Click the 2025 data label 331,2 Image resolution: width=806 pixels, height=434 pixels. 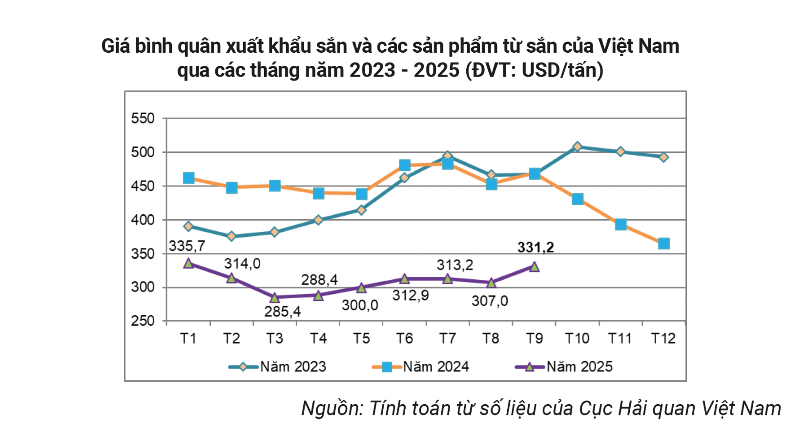(x=536, y=248)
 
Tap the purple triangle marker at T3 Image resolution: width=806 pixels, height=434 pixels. (x=274, y=297)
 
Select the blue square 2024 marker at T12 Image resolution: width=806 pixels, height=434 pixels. (x=663, y=244)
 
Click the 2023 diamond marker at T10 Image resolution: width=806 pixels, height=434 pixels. (x=577, y=146)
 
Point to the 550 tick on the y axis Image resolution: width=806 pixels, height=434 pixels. (x=143, y=119)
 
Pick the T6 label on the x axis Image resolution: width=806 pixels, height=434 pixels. (x=404, y=338)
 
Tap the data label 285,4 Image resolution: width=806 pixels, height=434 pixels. (x=283, y=311)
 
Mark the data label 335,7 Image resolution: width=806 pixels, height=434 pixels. (x=187, y=246)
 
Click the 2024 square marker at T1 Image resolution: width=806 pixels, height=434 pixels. (x=188, y=178)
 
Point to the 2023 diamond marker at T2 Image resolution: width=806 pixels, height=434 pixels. (x=231, y=236)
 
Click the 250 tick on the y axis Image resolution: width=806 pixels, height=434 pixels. (x=143, y=321)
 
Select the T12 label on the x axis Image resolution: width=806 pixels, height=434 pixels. (x=663, y=338)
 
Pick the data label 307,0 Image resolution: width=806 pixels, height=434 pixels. (x=490, y=301)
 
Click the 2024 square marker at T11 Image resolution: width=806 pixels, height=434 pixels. (x=620, y=225)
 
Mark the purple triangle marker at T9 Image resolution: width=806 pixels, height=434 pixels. (x=534, y=267)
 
